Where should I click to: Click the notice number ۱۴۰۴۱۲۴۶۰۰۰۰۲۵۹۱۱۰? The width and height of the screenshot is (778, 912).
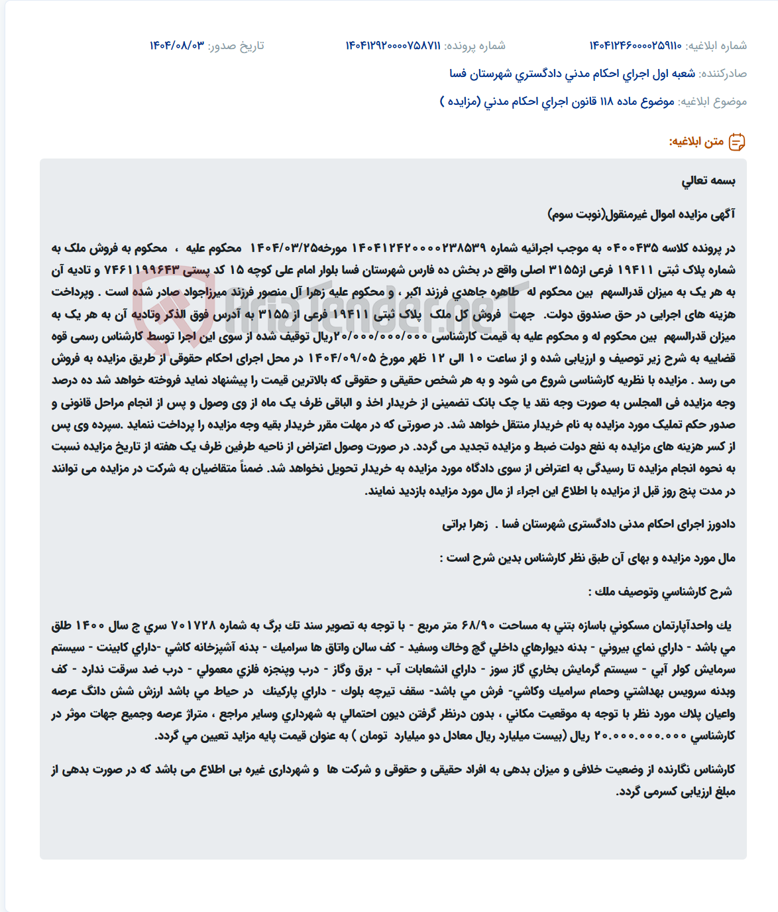(636, 46)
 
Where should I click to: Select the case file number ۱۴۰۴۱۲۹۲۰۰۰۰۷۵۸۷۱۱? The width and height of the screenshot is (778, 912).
(393, 46)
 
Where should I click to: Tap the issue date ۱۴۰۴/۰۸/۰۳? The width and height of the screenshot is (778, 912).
(177, 46)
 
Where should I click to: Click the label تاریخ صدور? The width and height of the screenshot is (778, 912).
(237, 46)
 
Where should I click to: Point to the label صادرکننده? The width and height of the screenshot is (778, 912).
(723, 74)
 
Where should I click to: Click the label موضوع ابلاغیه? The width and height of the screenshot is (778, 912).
(712, 101)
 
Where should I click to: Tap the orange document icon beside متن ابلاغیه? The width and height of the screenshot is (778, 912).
(737, 142)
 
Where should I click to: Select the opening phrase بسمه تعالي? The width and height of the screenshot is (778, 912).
(708, 181)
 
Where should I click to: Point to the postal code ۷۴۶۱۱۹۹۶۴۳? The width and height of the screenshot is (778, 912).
(142, 270)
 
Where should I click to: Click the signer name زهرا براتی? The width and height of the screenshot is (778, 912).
(465, 525)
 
